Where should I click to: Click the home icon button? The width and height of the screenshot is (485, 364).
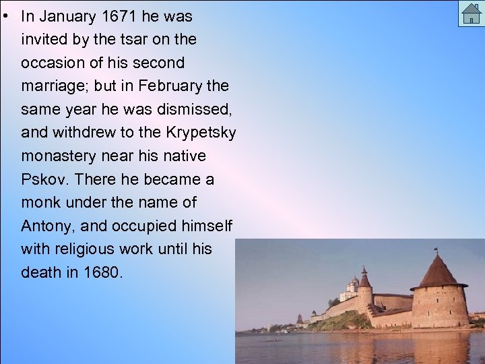click(471, 13)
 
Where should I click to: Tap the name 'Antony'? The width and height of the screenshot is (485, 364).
click(45, 226)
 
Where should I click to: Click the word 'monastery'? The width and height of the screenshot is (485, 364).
click(59, 156)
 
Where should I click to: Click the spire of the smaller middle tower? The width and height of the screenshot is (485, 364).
click(365, 275)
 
